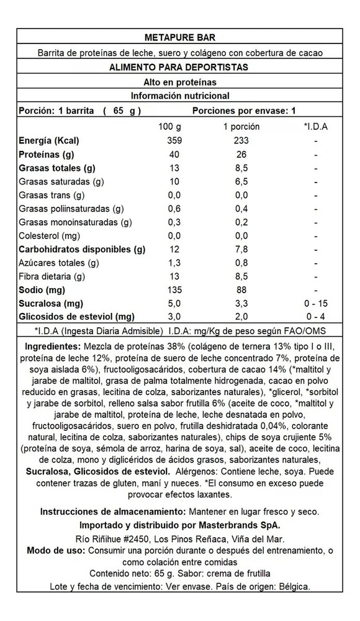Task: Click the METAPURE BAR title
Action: [179, 38]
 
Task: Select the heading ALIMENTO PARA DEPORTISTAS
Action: [179, 67]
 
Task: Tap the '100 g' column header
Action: [169, 127]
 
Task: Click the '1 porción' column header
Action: [241, 127]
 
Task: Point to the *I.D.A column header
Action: [316, 127]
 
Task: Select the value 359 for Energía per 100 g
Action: [174, 140]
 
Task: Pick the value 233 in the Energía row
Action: [241, 140]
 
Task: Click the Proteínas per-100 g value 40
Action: [174, 154]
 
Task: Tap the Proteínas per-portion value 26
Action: [241, 154]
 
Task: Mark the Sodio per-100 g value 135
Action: [174, 289]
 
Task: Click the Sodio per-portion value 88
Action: [241, 289]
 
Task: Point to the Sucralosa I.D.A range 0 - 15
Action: [316, 303]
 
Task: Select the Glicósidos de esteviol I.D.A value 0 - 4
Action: [316, 317]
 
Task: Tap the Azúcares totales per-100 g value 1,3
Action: [174, 263]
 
